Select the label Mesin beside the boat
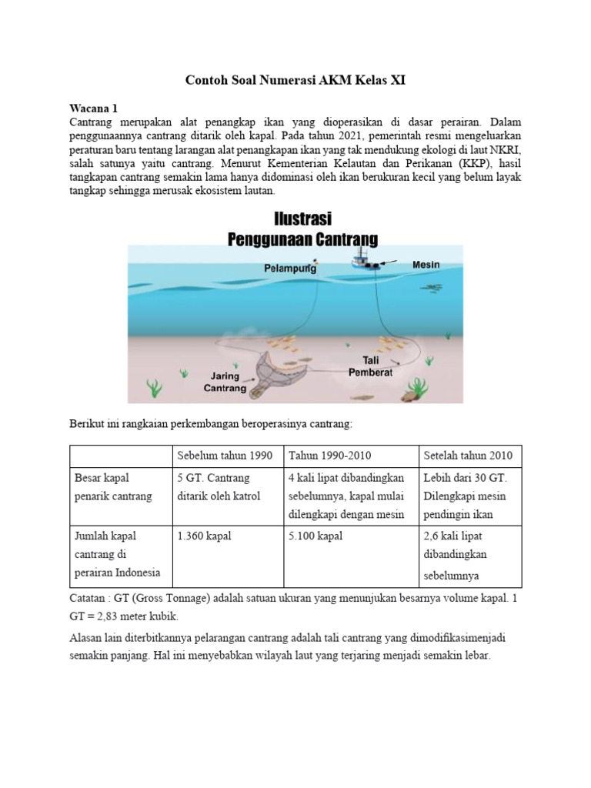[x=426, y=265]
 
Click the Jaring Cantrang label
[x=225, y=382]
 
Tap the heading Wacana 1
[x=90, y=109]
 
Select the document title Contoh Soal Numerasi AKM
[x=295, y=80]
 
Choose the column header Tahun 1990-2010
[x=329, y=455]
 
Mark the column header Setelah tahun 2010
[x=468, y=455]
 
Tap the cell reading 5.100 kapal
[x=316, y=534]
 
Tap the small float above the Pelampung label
[x=315, y=262]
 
